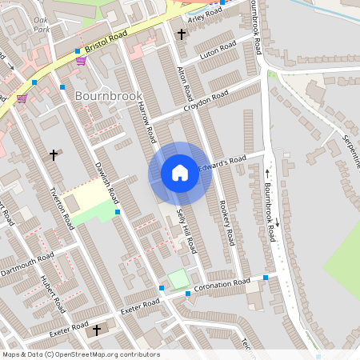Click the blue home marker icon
coord(180,173)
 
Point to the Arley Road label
coord(205,15)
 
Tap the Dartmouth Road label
coord(28,262)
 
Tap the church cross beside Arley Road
coord(182,34)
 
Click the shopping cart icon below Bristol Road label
coord(80,60)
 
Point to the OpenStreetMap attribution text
coord(81,354)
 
